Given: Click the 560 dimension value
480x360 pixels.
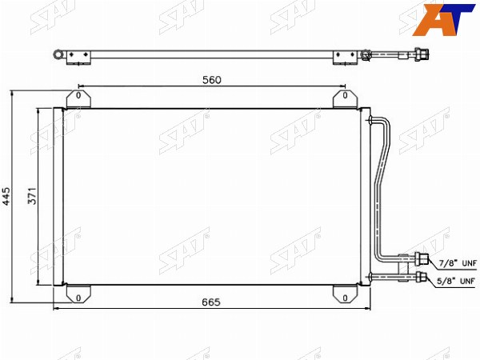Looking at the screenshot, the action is click(211, 80).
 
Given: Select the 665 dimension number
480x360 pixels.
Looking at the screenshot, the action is click(211, 302).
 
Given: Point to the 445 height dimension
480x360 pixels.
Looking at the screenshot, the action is click(6, 196).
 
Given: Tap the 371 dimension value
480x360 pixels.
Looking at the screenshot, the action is click(32, 196).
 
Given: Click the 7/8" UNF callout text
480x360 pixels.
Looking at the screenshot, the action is click(458, 263).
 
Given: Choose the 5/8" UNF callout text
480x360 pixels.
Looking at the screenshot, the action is click(456, 281).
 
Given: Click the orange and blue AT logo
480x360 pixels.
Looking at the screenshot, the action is click(443, 19).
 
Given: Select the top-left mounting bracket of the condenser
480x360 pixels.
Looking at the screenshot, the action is click(78, 99).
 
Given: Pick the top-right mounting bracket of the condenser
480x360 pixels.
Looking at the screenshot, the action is click(345, 99).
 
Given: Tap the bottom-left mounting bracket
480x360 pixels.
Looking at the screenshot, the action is click(78, 294).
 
